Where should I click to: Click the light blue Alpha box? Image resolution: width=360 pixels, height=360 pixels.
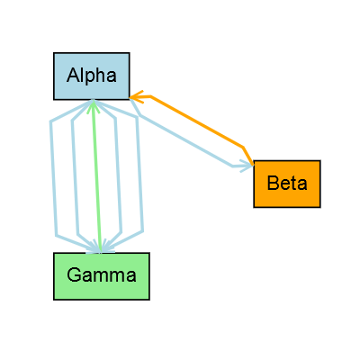(x=91, y=76)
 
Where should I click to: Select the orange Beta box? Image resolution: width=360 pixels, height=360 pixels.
(x=287, y=184)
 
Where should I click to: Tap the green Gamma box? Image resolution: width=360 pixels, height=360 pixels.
(x=102, y=275)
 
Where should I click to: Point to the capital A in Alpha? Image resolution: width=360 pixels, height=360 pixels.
(x=72, y=76)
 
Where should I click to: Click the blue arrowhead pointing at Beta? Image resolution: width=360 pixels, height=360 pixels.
(x=246, y=166)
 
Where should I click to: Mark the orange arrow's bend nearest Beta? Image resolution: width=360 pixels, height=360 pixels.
(x=244, y=146)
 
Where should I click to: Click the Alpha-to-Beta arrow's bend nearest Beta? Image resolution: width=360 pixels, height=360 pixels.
(x=231, y=166)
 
